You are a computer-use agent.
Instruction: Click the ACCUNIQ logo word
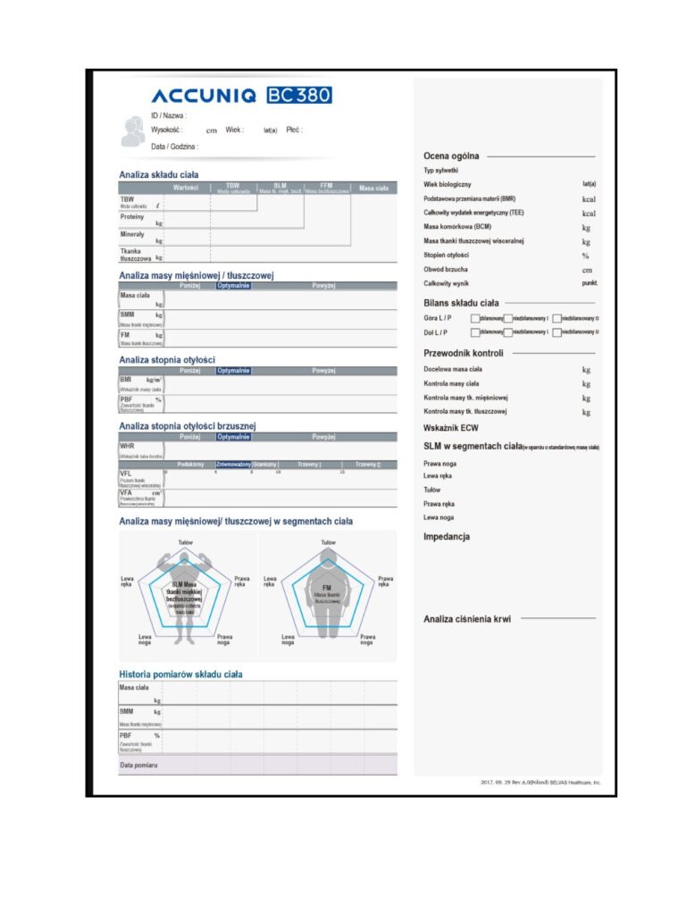[x=204, y=96]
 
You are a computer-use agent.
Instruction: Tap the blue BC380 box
[x=298, y=96]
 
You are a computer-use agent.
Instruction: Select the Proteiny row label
[x=132, y=216]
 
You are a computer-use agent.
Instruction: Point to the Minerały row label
[x=132, y=234]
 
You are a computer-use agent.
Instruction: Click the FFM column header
[x=326, y=187]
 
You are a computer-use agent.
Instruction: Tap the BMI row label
[x=126, y=380]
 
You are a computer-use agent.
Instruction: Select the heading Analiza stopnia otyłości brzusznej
[x=188, y=426]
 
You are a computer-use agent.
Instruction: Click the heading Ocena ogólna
[x=451, y=156]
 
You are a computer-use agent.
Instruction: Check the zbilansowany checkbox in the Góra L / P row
[x=474, y=318]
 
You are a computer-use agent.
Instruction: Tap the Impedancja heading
[x=447, y=537]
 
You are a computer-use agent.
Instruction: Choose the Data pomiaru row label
[x=138, y=766]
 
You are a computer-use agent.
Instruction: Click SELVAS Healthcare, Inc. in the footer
[x=572, y=783]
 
